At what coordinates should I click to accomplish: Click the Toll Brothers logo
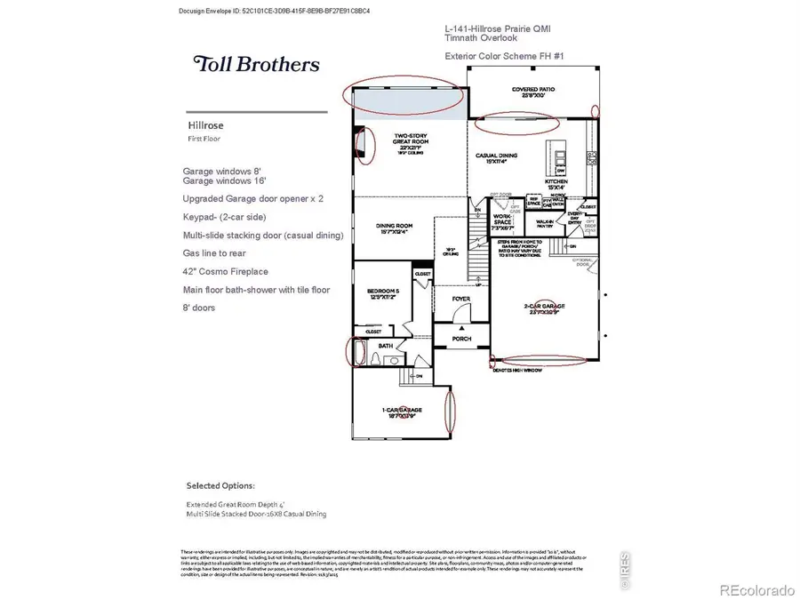[256, 64]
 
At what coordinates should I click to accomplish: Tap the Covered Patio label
[532, 92]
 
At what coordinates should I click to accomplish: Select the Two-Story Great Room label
[412, 140]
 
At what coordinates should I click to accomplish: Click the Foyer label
[460, 299]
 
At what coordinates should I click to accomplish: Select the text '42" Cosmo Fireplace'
[225, 271]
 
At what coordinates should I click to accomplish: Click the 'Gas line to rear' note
[214, 252]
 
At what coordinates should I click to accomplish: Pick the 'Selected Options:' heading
[220, 485]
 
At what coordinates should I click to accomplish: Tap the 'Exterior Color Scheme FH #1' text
[505, 56]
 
